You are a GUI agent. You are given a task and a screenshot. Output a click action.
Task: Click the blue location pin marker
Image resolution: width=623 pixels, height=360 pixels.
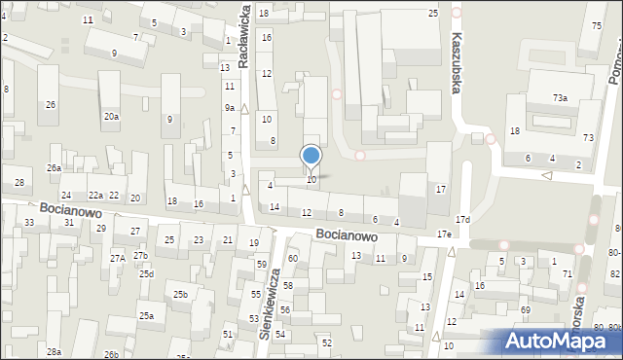coord(311,157)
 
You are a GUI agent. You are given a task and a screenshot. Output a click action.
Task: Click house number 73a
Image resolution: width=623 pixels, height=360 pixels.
coord(560,97)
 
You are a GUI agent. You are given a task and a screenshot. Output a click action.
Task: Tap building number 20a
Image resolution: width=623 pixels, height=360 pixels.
coord(112,116)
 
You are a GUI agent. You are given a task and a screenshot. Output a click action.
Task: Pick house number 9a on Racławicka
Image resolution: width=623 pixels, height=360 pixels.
coord(230,107)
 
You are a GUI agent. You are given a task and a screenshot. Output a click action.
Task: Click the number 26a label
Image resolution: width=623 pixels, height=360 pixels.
coord(54,167)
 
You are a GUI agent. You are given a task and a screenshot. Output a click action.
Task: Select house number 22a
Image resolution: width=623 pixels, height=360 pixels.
coord(95,196)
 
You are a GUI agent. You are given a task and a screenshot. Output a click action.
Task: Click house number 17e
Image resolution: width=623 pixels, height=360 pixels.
coord(444,234)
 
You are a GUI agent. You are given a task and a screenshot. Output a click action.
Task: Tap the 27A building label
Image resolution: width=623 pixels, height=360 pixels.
coord(118,258)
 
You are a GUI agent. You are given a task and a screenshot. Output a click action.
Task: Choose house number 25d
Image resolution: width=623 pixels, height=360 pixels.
coord(146,273)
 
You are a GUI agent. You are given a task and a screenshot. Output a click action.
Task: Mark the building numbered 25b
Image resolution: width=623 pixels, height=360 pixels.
coord(180,294)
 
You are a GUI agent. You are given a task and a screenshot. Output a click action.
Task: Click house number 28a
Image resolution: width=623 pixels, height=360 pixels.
coord(55,351)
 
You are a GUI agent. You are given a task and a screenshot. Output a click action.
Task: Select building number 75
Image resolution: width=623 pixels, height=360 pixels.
coord(596,25)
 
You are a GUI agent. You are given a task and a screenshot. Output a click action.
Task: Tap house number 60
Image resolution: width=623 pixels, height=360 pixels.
coord(292,258)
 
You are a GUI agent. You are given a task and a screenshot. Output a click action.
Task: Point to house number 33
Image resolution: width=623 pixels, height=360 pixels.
coord(29,223)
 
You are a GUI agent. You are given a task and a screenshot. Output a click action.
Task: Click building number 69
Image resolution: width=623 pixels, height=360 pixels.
coord(525,309)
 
